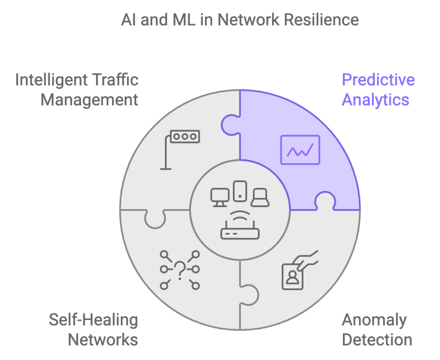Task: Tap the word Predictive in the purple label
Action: click(x=378, y=80)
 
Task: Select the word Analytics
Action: click(x=375, y=100)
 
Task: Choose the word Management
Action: click(x=89, y=100)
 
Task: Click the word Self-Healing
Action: click(x=93, y=320)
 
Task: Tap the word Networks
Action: click(x=103, y=340)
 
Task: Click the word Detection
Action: click(x=377, y=340)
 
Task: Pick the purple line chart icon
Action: click(x=300, y=149)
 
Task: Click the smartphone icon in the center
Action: click(x=240, y=191)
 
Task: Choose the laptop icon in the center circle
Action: click(x=260, y=198)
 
